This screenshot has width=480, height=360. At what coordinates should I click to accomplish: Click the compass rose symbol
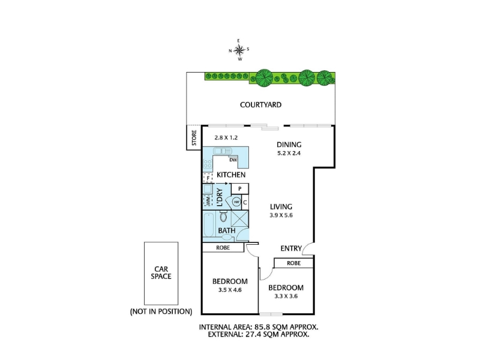pyautogui.click(x=239, y=50)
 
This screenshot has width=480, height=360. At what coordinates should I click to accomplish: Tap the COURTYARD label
pyautogui.click(x=260, y=105)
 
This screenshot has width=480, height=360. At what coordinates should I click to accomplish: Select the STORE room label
pyautogui.click(x=194, y=138)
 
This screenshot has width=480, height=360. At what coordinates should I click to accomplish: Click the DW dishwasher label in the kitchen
pyautogui.click(x=233, y=160)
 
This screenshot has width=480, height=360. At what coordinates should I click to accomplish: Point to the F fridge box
pyautogui.click(x=208, y=178)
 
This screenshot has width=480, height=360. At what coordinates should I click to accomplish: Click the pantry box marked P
pyautogui.click(x=239, y=189)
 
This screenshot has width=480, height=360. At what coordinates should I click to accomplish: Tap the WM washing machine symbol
pyautogui.click(x=208, y=202)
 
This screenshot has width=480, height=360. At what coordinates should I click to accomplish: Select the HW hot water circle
pyautogui.click(x=236, y=202)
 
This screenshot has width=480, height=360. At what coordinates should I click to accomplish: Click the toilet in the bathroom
pyautogui.click(x=223, y=217)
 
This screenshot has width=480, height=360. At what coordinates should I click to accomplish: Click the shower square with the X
pyautogui.click(x=239, y=218)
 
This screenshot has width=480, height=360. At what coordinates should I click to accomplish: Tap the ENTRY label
pyautogui.click(x=291, y=248)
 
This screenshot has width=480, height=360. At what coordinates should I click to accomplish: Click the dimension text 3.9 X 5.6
pyautogui.click(x=281, y=215)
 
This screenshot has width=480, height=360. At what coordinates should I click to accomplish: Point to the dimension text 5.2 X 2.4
pyautogui.click(x=289, y=153)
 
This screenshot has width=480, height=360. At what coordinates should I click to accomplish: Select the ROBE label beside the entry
pyautogui.click(x=293, y=263)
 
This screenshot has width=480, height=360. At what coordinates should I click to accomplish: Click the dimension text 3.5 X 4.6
pyautogui.click(x=230, y=290)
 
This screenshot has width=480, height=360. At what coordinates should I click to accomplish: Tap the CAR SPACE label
pyautogui.click(x=161, y=273)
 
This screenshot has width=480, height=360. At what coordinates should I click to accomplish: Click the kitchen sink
pyautogui.click(x=223, y=151)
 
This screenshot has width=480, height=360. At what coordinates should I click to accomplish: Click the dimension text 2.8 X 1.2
pyautogui.click(x=226, y=138)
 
